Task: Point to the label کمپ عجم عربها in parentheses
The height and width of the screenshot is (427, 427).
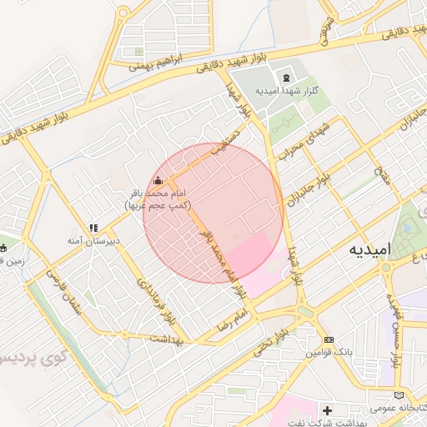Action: click(158, 204)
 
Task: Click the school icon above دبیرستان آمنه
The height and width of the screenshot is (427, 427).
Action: click(94, 227)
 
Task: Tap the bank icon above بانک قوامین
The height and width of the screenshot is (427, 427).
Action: click(329, 340)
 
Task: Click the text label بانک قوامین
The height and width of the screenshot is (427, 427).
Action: click(330, 354)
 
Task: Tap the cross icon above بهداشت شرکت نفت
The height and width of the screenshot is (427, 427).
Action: click(328, 411)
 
